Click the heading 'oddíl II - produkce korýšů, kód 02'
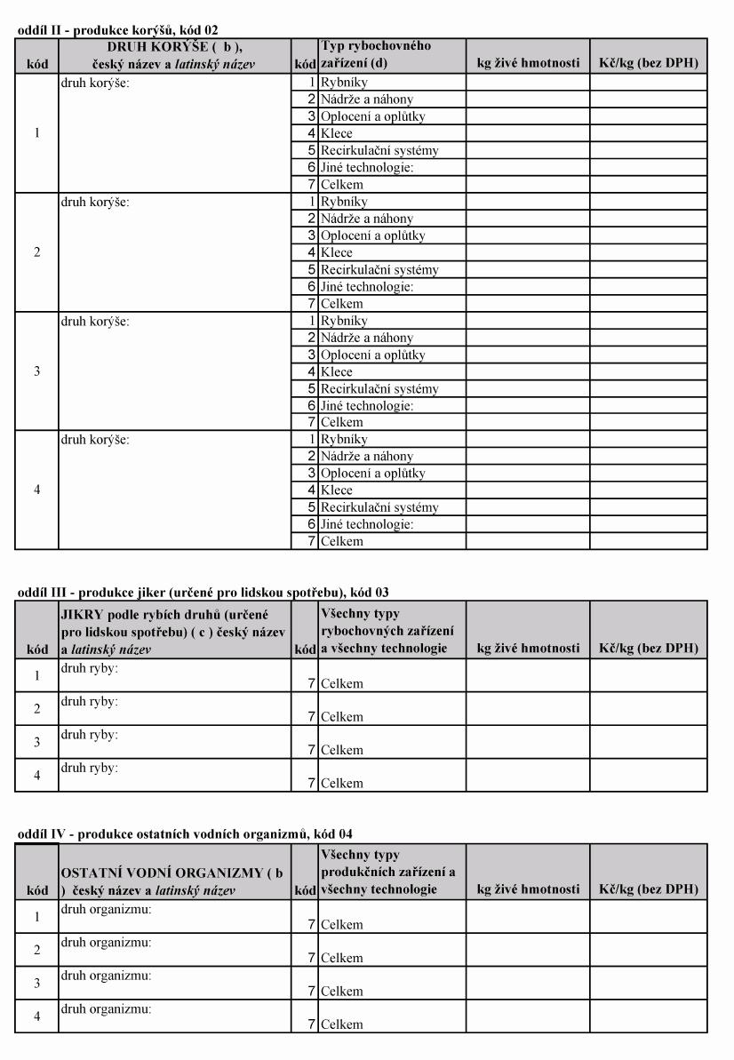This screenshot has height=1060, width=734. [117, 30]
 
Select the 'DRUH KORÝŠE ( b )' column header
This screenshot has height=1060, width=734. [174, 55]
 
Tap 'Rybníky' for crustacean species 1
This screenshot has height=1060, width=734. [342, 83]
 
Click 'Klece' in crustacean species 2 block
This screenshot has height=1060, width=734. [337, 252]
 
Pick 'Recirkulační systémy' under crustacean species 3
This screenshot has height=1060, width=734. [379, 388]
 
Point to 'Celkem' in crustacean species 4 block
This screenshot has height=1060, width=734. [342, 541]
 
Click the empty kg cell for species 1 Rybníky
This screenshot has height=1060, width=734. [527, 83]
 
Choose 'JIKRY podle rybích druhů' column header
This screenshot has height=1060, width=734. [174, 630]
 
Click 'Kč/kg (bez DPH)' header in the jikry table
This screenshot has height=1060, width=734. [649, 649]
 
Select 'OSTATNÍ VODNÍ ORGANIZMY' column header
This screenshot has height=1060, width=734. [174, 881]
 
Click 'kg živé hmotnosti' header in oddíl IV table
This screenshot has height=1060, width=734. [528, 889]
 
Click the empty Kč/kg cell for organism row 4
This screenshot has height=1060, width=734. [649, 1016]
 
